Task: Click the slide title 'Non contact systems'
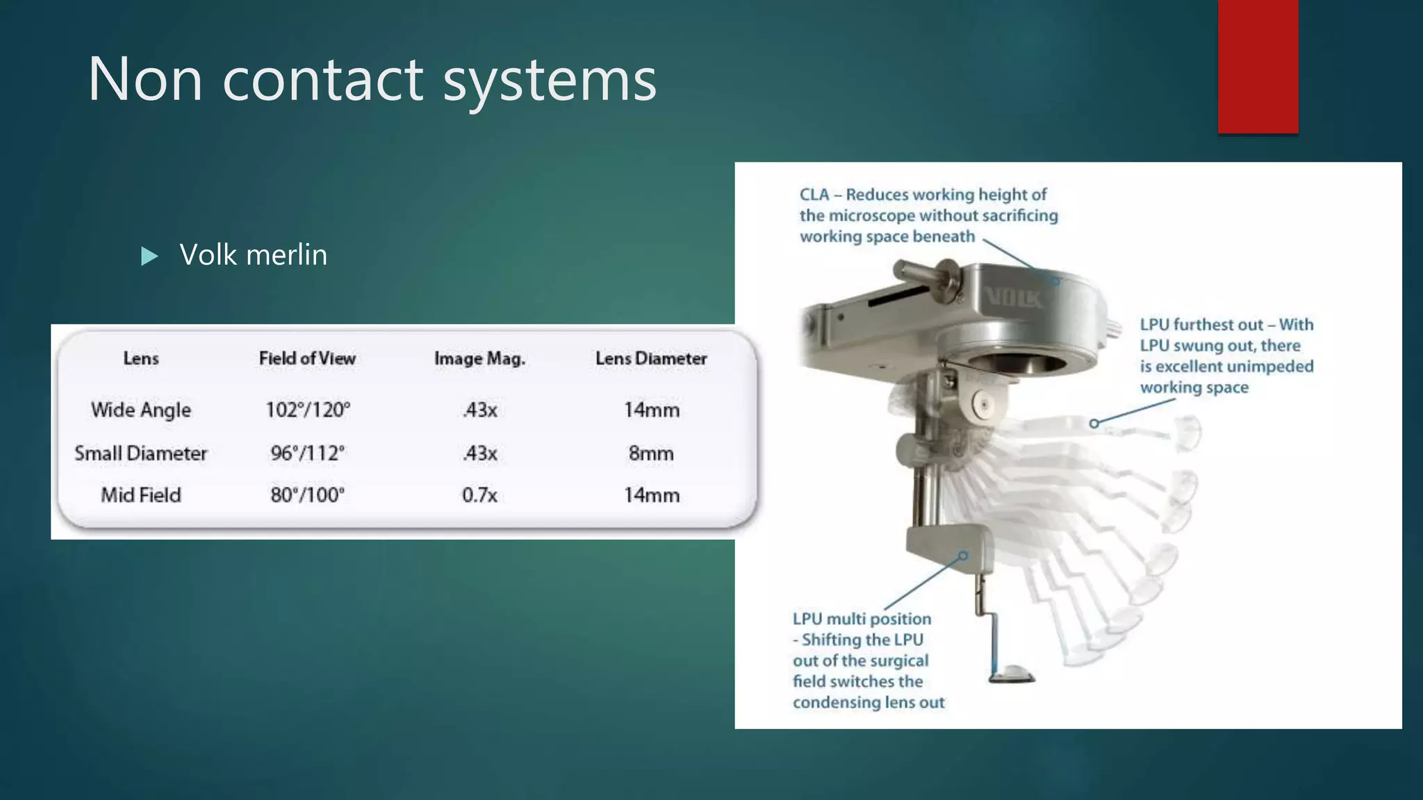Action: pos(372,79)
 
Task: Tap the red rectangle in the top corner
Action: pos(1258,67)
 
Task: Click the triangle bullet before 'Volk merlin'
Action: pos(149,256)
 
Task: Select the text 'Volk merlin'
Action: pos(254,255)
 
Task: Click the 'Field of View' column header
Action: pos(307,358)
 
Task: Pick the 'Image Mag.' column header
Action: pos(479,358)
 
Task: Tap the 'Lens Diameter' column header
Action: pos(651,358)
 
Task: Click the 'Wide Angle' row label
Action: pos(141,410)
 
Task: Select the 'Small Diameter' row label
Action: pos(141,453)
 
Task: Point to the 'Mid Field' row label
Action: pos(141,495)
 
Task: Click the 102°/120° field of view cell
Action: pos(308,410)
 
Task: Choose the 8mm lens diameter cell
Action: pos(651,453)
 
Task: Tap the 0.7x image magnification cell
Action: pos(479,495)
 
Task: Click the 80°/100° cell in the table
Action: pos(308,495)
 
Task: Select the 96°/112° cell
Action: pos(308,453)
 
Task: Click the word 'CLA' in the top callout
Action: pos(814,194)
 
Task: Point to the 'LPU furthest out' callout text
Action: pos(1226,356)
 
